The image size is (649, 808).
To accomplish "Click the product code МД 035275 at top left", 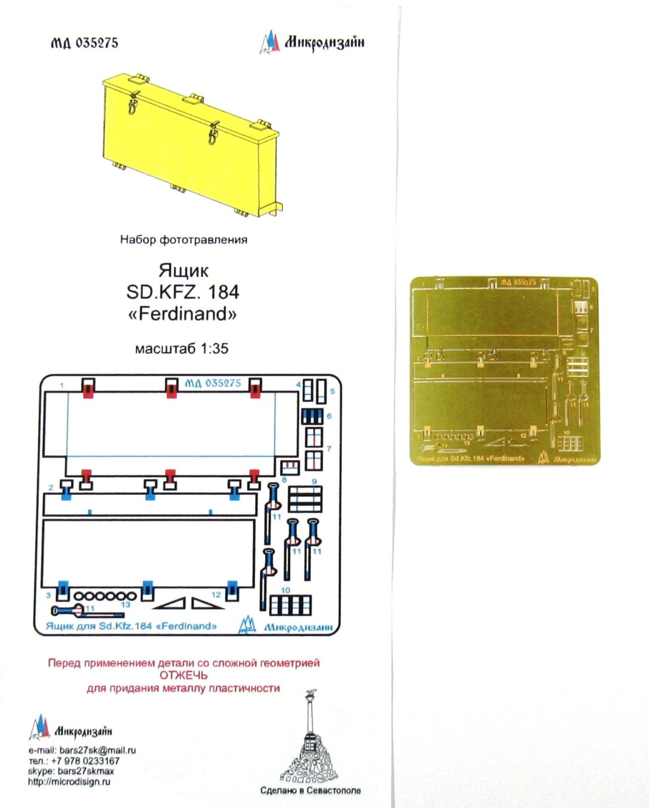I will pyautogui.click(x=84, y=43).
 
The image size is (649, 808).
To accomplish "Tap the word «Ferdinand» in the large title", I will pyautogui.click(x=182, y=314).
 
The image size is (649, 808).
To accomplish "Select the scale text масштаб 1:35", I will pyautogui.click(x=181, y=348).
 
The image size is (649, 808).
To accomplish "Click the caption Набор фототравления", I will pyautogui.click(x=183, y=240).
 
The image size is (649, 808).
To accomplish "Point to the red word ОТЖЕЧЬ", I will pyautogui.click(x=183, y=675).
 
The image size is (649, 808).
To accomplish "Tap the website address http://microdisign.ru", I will pyautogui.click(x=69, y=782).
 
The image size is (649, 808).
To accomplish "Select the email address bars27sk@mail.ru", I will pyautogui.click(x=98, y=750).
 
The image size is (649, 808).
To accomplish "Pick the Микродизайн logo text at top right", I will pyautogui.click(x=324, y=42).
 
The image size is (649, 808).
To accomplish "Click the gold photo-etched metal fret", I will pyautogui.click(x=504, y=370).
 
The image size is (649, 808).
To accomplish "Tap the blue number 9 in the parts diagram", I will pyautogui.click(x=314, y=481).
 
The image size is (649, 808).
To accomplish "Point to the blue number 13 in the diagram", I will pyautogui.click(x=125, y=604).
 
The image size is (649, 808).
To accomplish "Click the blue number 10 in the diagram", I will pyautogui.click(x=286, y=590).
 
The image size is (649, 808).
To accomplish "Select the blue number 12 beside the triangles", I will pyautogui.click(x=216, y=594).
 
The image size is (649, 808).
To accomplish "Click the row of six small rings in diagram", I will pyautogui.click(x=105, y=596).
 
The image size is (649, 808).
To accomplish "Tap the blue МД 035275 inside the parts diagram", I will pyautogui.click(x=213, y=383).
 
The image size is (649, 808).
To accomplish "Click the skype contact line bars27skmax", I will pyautogui.click(x=71, y=771).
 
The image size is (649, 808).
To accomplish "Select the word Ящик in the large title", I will pyautogui.click(x=183, y=271).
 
